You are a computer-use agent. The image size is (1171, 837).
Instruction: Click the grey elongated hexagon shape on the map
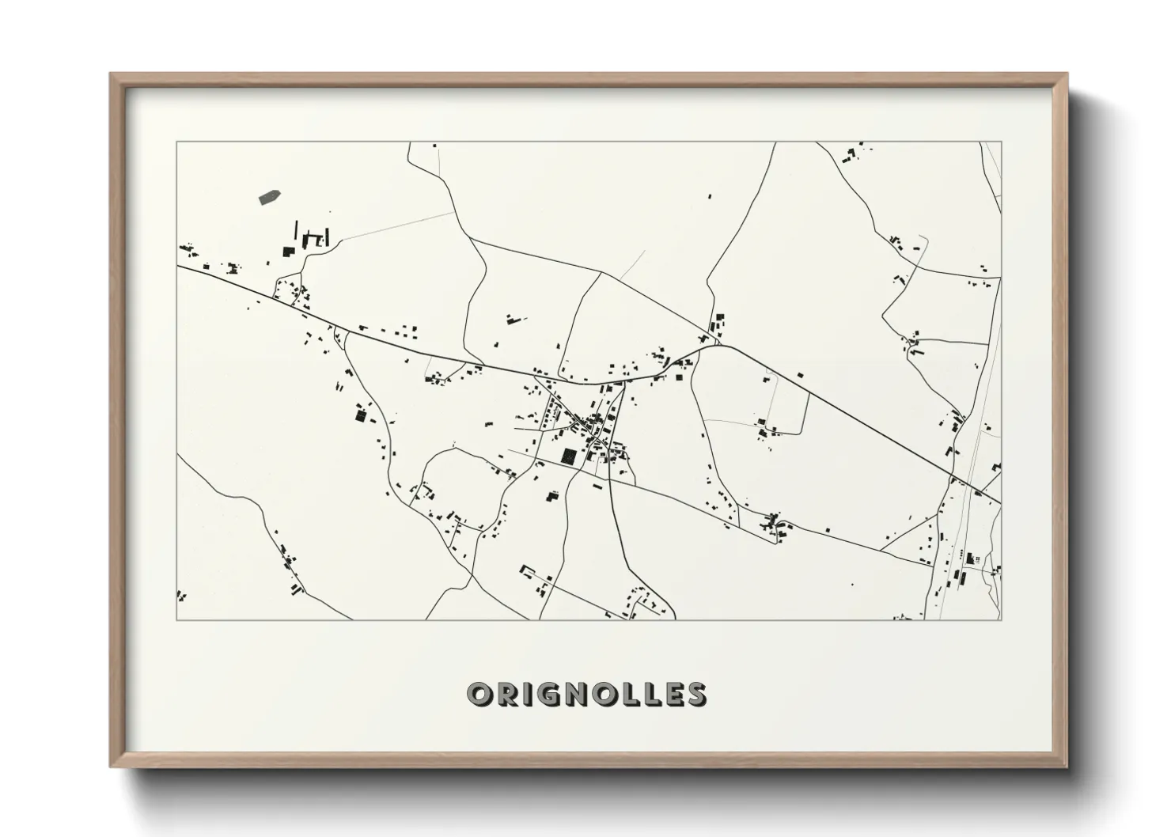coord(270,197)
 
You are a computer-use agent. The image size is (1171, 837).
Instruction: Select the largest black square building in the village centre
coord(568,455)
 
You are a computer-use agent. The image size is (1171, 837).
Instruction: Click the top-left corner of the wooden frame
coord(112,74)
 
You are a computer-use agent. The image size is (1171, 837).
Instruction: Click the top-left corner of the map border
coord(176,142)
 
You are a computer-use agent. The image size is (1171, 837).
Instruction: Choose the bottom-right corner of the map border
coord(1001,619)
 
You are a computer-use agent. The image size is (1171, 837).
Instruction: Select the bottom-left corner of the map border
coord(176,619)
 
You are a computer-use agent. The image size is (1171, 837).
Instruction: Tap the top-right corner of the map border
coord(1001,142)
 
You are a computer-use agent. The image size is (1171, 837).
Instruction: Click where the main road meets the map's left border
coord(177,266)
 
